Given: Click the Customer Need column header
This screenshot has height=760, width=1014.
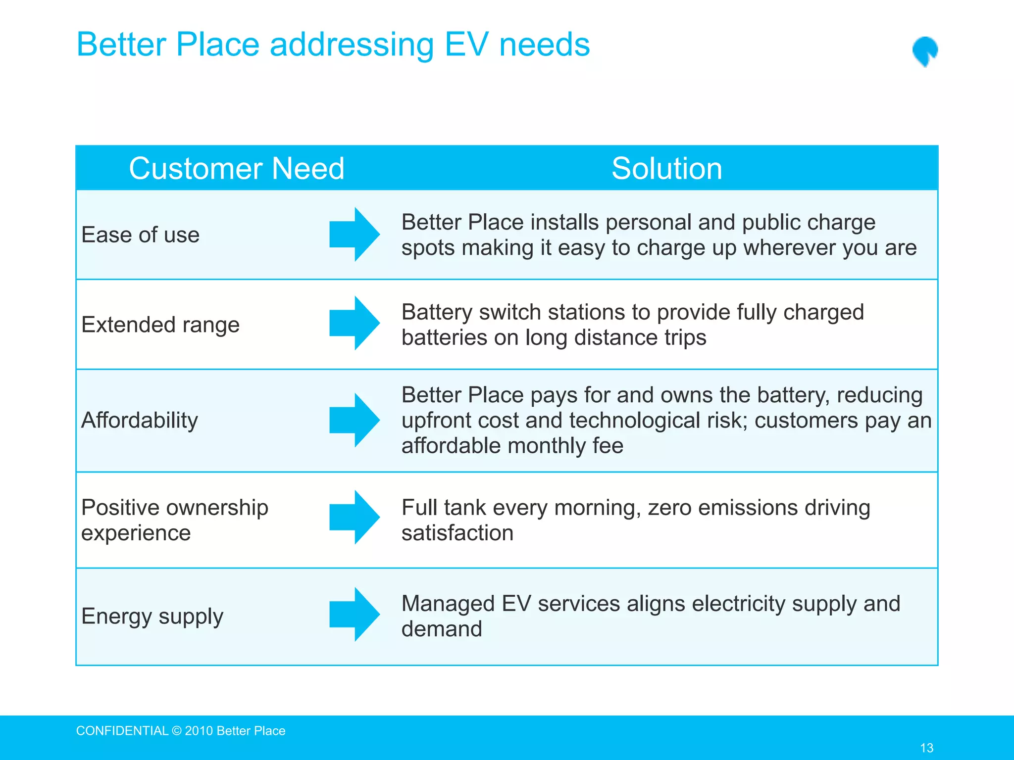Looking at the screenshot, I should tap(236, 168).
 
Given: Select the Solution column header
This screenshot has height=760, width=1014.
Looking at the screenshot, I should tap(666, 168).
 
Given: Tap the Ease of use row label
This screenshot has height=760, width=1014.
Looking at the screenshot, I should tap(140, 235).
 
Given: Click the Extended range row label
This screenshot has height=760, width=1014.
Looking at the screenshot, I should tap(160, 325).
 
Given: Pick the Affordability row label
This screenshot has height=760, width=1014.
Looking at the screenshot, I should tap(139, 420).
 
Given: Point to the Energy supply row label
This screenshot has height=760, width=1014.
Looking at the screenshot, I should tap(152, 617).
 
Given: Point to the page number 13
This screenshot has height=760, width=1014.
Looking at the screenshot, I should tap(926, 748).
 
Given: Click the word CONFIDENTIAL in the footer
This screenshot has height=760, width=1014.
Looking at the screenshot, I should tap(122, 731).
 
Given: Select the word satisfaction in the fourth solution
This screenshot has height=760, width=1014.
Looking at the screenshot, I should tap(457, 533).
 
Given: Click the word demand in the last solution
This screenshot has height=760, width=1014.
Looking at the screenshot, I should tap(441, 629).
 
